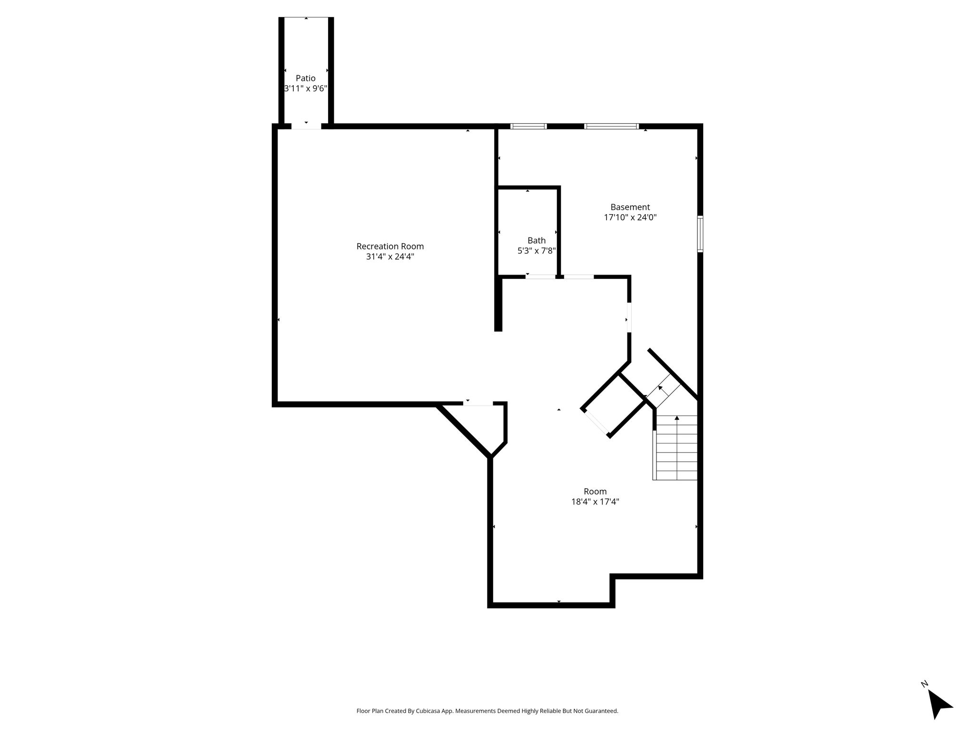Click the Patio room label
306,78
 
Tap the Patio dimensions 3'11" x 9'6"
306,89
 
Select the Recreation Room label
390,246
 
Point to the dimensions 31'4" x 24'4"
390,257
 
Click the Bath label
537,240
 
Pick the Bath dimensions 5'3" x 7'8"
537,251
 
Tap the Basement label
630,207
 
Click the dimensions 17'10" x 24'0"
630,217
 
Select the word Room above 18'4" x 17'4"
595,491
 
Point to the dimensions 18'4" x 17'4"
595,502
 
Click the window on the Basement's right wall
700,234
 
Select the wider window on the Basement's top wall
611,126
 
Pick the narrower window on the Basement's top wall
528,126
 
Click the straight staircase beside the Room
675,447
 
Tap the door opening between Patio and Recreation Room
306,126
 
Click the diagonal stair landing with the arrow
662,391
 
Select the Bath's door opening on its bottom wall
540,277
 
